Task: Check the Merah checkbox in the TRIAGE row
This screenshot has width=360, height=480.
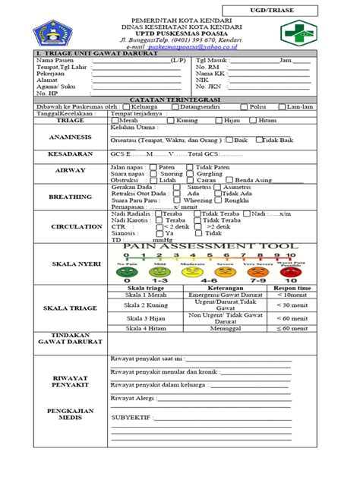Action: [x=115, y=120]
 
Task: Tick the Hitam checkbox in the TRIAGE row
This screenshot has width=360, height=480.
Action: [x=253, y=120]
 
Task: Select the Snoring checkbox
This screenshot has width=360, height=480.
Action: [x=155, y=173]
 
